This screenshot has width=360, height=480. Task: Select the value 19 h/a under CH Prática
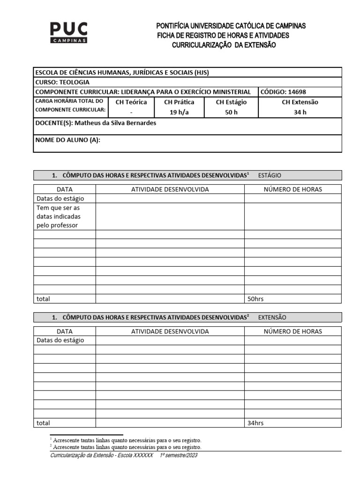point(179,112)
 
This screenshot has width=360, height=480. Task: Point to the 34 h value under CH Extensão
point(300,112)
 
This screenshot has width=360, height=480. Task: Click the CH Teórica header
point(131,102)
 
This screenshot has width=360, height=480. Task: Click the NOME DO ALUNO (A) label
point(68,140)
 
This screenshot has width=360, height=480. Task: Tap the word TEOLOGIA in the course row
point(74,82)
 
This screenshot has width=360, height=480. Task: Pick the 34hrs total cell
point(256,423)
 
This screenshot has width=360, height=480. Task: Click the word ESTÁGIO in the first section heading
point(270,175)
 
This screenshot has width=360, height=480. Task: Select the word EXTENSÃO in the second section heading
point(272,317)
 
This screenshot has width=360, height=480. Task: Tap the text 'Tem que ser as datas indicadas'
point(59,212)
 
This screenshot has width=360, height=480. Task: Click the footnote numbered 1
point(127,440)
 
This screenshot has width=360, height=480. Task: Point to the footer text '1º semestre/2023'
point(179,455)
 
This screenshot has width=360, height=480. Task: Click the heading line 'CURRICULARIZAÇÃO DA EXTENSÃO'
point(224,45)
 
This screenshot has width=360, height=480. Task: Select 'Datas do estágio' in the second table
point(60,340)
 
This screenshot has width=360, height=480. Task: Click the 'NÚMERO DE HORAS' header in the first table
point(293,189)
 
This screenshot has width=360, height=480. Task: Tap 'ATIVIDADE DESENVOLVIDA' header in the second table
point(170,331)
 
